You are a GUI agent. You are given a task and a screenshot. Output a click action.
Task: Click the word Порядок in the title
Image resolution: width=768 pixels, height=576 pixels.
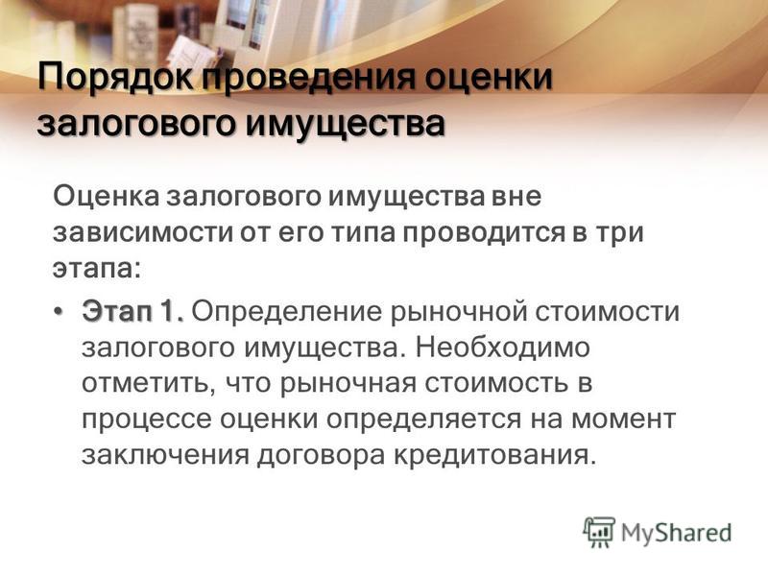click(116, 78)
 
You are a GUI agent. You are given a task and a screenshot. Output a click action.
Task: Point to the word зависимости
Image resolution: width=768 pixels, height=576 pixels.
click(143, 232)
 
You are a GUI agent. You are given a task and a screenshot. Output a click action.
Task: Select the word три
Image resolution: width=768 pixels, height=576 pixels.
click(619, 232)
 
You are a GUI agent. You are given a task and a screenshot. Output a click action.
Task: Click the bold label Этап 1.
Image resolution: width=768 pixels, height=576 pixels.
click(132, 311)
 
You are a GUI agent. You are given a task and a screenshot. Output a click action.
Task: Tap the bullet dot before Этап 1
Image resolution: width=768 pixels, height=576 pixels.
click(59, 311)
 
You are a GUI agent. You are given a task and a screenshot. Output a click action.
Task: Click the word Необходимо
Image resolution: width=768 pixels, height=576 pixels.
click(503, 348)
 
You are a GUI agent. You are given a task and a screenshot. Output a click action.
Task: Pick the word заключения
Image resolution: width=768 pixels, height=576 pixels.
click(165, 456)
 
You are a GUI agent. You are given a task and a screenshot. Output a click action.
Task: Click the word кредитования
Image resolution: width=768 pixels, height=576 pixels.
click(495, 455)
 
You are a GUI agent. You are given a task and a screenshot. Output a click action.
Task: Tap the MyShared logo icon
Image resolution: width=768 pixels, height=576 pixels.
click(598, 532)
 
